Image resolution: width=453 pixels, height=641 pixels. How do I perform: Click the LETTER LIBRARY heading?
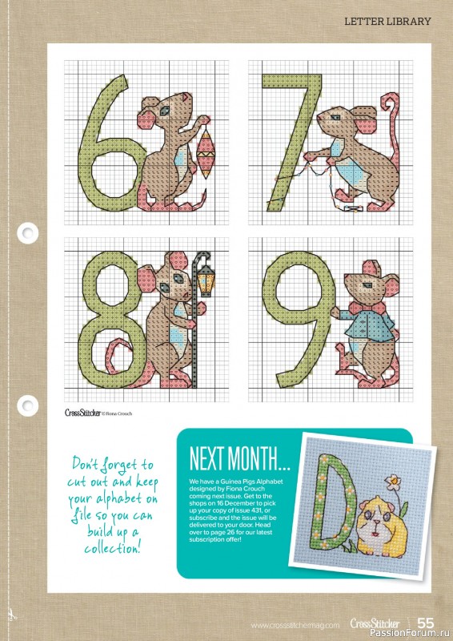tap(387, 22)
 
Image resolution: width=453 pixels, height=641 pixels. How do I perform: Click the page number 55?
tap(425, 623)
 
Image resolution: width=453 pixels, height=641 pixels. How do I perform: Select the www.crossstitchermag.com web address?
tap(295, 624)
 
